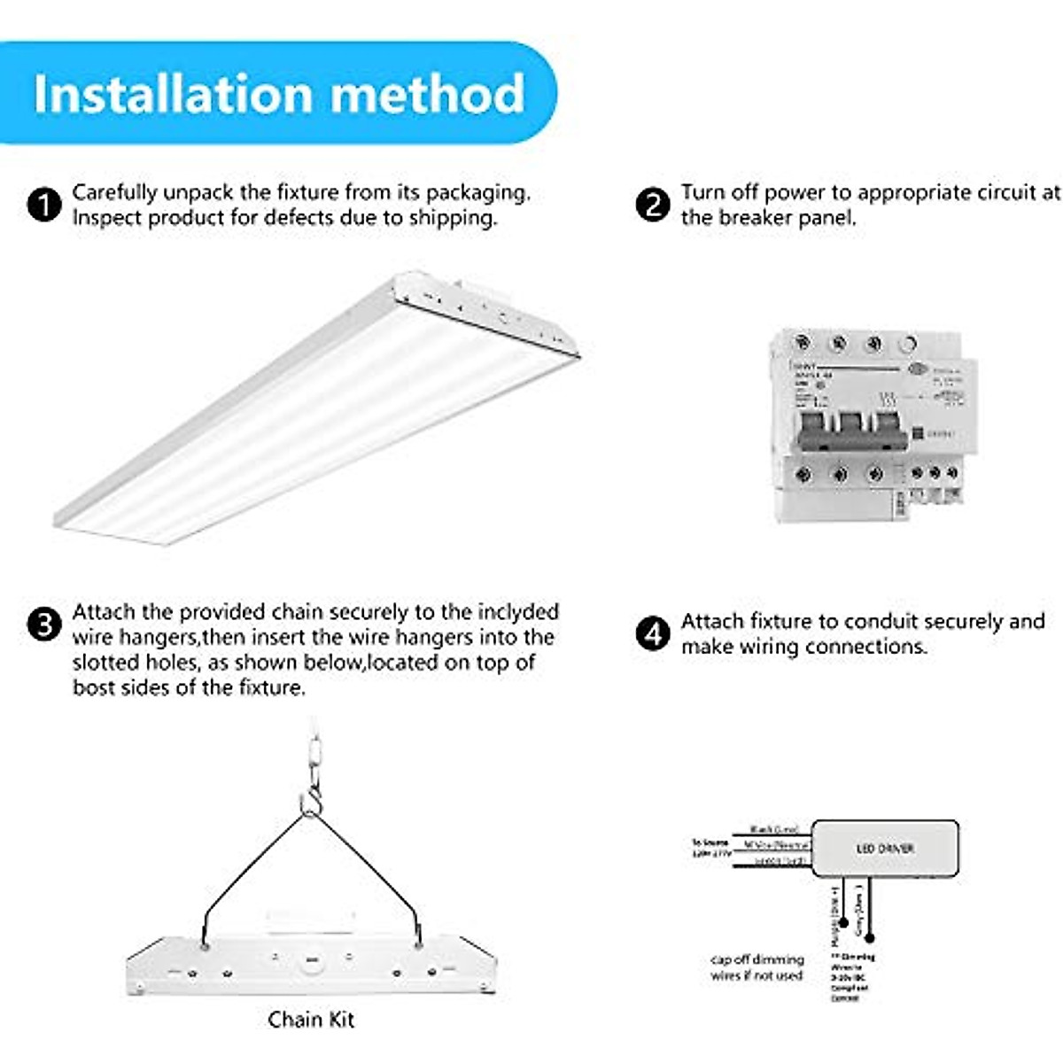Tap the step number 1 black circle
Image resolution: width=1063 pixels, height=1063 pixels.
point(44,205)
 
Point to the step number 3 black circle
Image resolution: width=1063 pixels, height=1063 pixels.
point(44,625)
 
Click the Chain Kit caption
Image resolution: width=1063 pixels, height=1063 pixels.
point(311,1020)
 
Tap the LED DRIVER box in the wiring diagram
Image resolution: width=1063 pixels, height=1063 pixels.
point(885,849)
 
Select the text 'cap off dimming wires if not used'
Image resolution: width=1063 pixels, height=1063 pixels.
point(757,967)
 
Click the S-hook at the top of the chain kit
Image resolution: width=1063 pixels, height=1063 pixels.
point(310,803)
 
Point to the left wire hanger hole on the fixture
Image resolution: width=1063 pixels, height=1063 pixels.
point(206,946)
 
